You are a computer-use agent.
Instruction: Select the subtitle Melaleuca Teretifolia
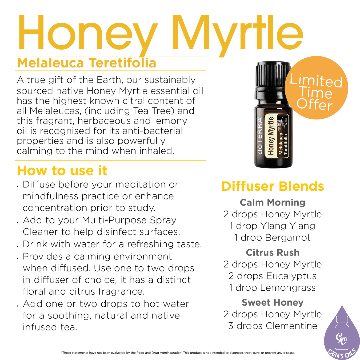[x=86, y=63]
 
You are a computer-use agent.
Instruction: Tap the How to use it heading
[x=62, y=171]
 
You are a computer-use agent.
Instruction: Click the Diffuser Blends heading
[x=272, y=186]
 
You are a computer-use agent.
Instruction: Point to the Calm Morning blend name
[x=272, y=202]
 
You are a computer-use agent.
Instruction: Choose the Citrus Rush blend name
[x=272, y=252]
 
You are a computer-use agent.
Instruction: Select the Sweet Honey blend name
[x=272, y=302]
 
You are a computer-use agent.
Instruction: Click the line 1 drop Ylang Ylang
[x=272, y=226]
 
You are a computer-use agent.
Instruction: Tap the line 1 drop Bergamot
[x=272, y=237]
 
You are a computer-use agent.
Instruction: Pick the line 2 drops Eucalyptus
[x=272, y=276]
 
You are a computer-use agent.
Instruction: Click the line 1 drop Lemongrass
[x=272, y=287]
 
